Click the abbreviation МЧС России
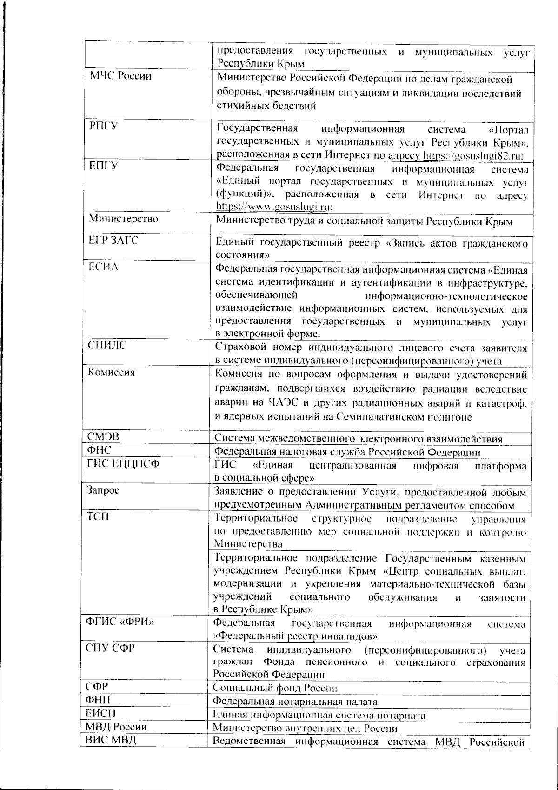pos(120,76)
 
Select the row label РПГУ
pos(103,127)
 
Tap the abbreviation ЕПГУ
pos(103,166)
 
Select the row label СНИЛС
pos(107,346)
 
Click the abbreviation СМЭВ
pos(103,437)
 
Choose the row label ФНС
pos(100,450)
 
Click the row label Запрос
pos(103,490)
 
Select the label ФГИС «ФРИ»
pos(120,623)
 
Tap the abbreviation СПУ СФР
pos(110,648)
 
